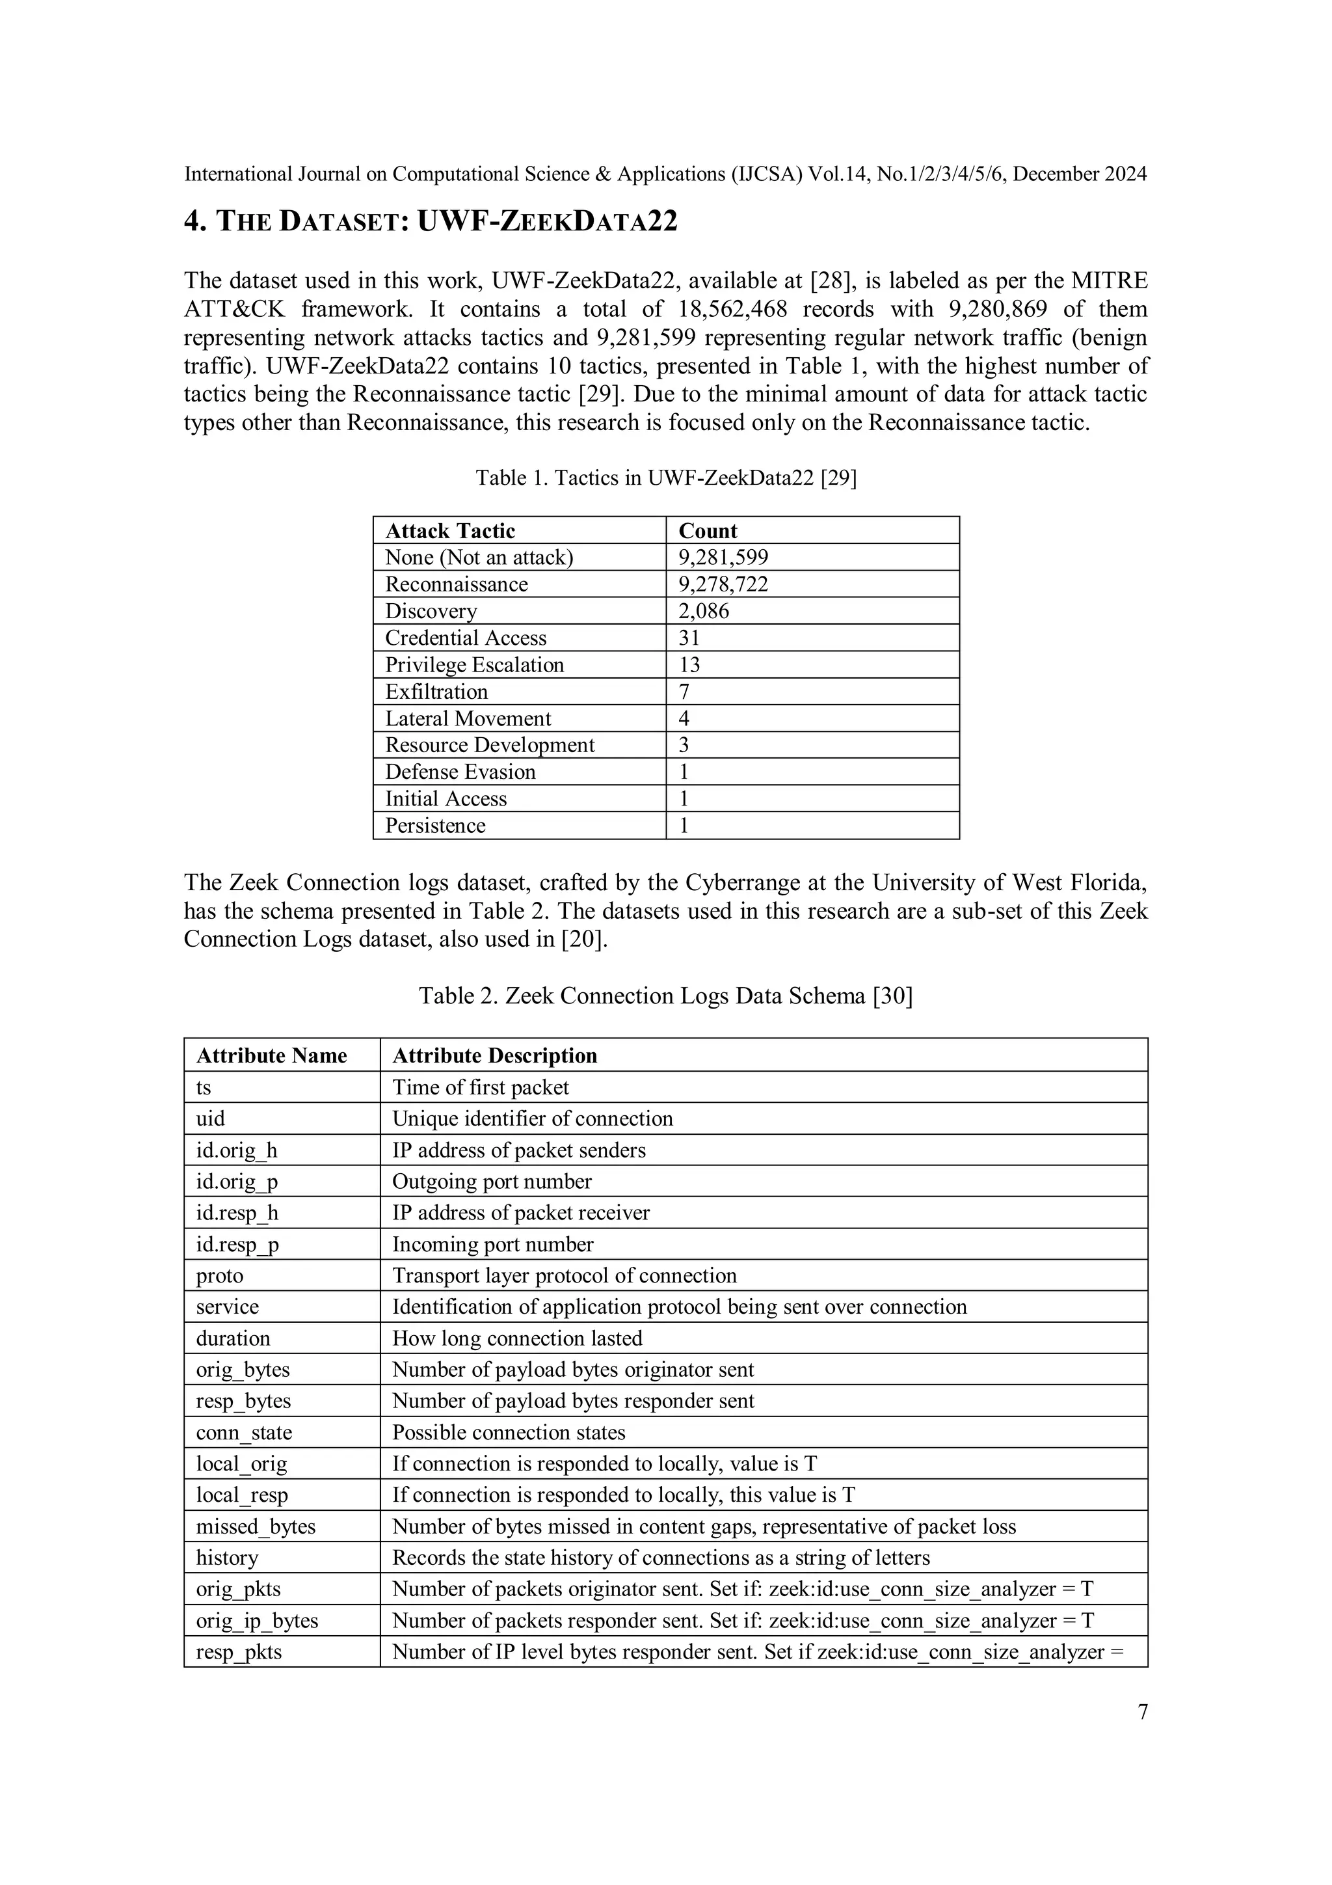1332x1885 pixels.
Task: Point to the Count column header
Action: click(708, 530)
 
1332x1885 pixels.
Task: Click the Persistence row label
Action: click(435, 825)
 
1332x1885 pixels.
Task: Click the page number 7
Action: click(1143, 1712)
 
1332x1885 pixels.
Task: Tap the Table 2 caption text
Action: click(665, 996)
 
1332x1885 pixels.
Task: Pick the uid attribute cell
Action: click(210, 1119)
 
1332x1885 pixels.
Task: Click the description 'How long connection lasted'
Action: click(517, 1338)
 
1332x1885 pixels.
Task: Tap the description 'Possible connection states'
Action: click(508, 1432)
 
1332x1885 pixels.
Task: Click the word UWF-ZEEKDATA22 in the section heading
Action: click(548, 222)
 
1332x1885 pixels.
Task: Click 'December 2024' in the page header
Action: click(1079, 174)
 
